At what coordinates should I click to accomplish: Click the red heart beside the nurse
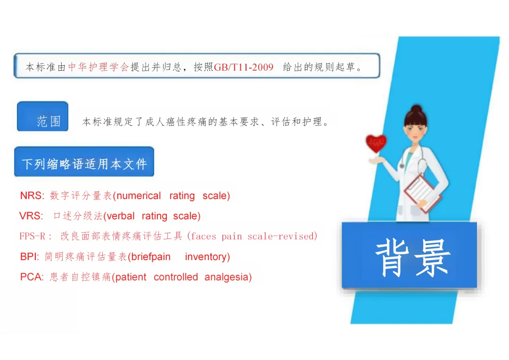(x=376, y=143)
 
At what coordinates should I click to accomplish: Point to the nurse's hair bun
(x=417, y=109)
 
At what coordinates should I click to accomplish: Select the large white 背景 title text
(x=413, y=258)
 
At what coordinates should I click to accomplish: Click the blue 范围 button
(x=42, y=116)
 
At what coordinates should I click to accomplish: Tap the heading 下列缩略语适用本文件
(x=84, y=164)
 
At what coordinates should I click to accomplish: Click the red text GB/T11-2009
(x=244, y=67)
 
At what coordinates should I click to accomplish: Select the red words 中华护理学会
(x=99, y=67)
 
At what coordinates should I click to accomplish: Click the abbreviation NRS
(x=31, y=196)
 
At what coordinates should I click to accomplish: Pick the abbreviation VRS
(x=30, y=216)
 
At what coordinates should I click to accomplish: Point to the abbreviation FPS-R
(x=32, y=236)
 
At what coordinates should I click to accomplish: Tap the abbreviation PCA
(x=31, y=277)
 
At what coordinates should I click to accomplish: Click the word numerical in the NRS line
(x=139, y=196)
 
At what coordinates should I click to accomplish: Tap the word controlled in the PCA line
(x=176, y=277)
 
